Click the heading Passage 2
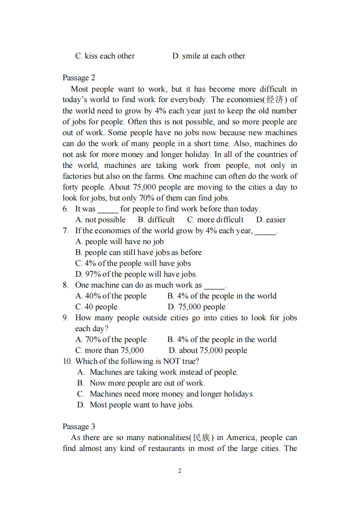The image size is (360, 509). coord(79,78)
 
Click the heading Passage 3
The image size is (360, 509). coord(79,426)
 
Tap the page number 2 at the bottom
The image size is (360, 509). coord(180,471)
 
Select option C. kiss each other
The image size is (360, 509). coord(105,56)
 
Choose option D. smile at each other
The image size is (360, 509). coord(209,56)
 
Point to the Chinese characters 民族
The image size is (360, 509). coord(201,438)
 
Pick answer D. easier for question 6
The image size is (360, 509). coord(271,220)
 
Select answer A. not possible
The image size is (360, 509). coord(100,220)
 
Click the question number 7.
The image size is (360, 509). coord(66,231)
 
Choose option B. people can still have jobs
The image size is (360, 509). coord(138,253)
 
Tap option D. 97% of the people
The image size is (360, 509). coord(136,274)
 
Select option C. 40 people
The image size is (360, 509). coord(96,307)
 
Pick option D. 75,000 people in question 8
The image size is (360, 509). coord(196,307)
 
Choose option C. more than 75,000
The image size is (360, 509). coord(109,351)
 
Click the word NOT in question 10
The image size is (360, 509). coord(172,362)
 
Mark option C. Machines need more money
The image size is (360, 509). coord(165,394)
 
